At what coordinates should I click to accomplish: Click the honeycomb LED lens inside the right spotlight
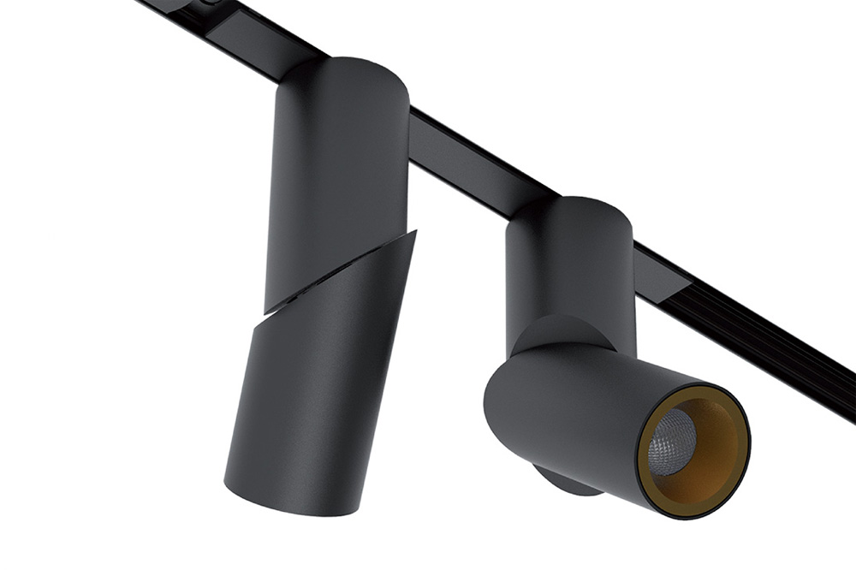click(x=671, y=441)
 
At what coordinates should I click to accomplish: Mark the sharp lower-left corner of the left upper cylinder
click(x=267, y=310)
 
